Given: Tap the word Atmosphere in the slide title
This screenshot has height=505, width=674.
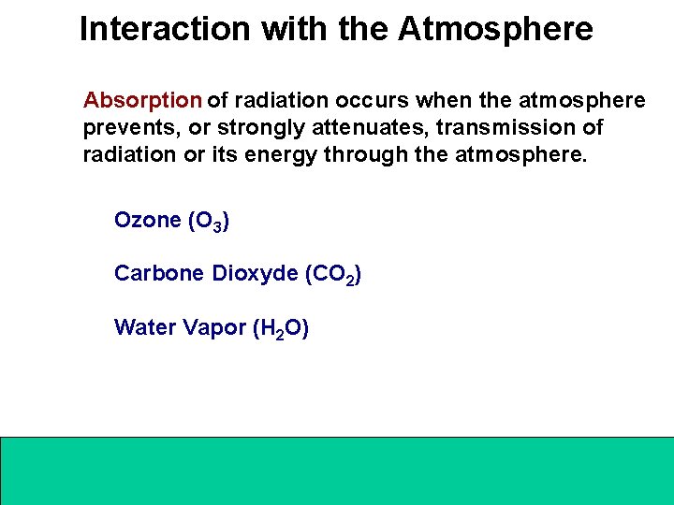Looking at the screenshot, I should coord(495,29).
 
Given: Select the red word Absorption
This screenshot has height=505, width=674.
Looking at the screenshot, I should coord(142,100).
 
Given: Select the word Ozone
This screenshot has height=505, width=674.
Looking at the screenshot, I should coord(147,221).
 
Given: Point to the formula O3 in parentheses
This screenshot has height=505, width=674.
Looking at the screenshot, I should coord(209,222).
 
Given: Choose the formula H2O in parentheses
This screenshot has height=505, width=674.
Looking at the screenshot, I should coord(281,329).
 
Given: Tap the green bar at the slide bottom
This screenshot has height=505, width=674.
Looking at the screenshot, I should coord(337,470).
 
